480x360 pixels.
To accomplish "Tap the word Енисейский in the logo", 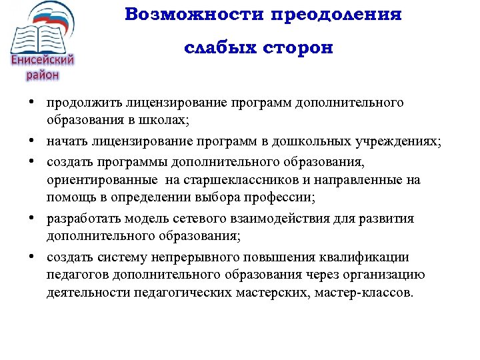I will coord(42,61).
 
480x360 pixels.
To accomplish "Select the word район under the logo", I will coord(42,75).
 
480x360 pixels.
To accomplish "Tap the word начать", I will coord(66,141).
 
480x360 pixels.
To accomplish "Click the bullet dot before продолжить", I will coord(32,104).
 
